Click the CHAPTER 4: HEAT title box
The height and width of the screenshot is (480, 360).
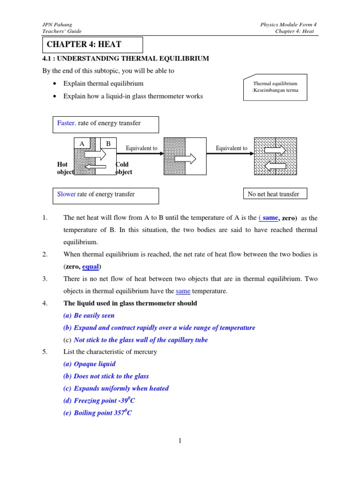tap(92, 45)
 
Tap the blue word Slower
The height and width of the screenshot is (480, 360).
tap(66, 194)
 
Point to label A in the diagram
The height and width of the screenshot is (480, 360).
tap(82, 144)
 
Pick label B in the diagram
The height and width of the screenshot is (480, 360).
tap(108, 144)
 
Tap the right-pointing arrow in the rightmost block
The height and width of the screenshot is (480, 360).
tap(275, 150)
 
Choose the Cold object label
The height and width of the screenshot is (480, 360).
tap(124, 168)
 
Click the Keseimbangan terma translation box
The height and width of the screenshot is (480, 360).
tap(276, 87)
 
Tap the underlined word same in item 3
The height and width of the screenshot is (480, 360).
tap(183, 291)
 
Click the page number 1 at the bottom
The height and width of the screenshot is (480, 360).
tap(180, 441)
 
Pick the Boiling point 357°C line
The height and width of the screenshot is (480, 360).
tap(103, 413)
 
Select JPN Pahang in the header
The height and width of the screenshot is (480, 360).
tap(52, 24)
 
